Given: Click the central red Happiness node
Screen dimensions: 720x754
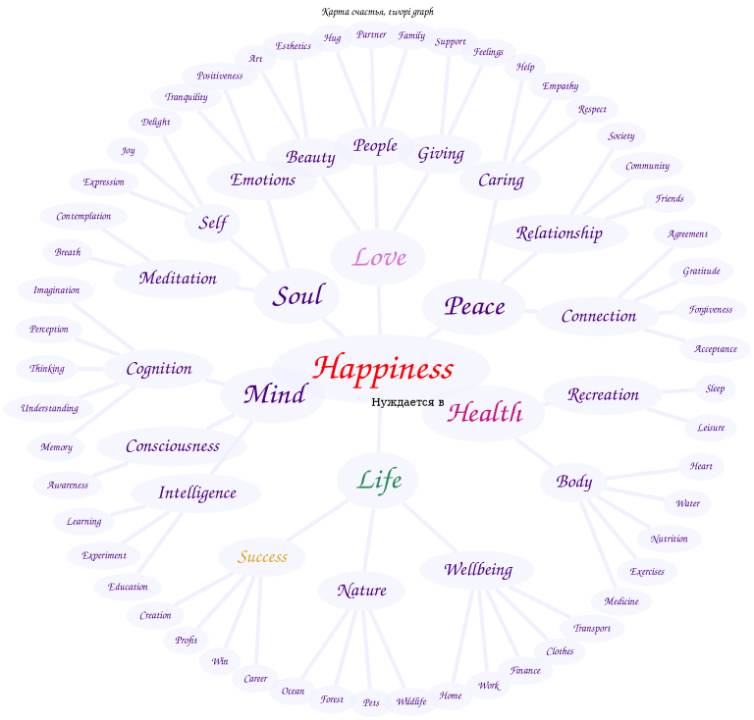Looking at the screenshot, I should (x=382, y=369).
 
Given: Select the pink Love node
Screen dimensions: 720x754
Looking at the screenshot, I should (x=379, y=258).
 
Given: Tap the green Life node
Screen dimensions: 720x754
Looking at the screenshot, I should (x=379, y=480).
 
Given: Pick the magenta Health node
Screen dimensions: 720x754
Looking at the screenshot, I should (x=484, y=413).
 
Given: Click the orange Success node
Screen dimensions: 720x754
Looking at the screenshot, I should (x=262, y=557).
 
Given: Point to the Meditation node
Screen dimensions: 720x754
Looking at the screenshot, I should (x=178, y=279).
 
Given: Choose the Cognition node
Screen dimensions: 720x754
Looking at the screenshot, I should (x=159, y=369).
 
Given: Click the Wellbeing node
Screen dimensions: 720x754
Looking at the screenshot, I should (x=478, y=570).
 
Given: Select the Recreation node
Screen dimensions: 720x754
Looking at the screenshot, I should (x=603, y=395).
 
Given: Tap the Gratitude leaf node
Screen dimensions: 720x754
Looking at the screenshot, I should (x=701, y=271).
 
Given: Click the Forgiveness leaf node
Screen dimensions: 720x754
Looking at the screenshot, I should (x=710, y=310).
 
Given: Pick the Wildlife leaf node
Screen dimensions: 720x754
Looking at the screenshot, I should (x=410, y=701).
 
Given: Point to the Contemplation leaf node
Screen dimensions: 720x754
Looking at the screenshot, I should (x=83, y=216).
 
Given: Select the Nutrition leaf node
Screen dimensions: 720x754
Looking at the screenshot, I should (x=669, y=539).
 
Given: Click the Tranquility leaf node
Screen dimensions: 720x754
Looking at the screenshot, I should (x=186, y=97).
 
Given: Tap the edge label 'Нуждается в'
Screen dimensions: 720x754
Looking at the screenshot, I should (x=407, y=402).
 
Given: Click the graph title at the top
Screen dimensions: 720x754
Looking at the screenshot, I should (x=377, y=12).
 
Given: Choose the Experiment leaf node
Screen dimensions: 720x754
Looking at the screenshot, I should (x=103, y=555).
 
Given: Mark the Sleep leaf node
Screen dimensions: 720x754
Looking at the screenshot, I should (x=715, y=388).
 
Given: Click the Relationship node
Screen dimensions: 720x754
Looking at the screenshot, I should (x=559, y=233).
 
